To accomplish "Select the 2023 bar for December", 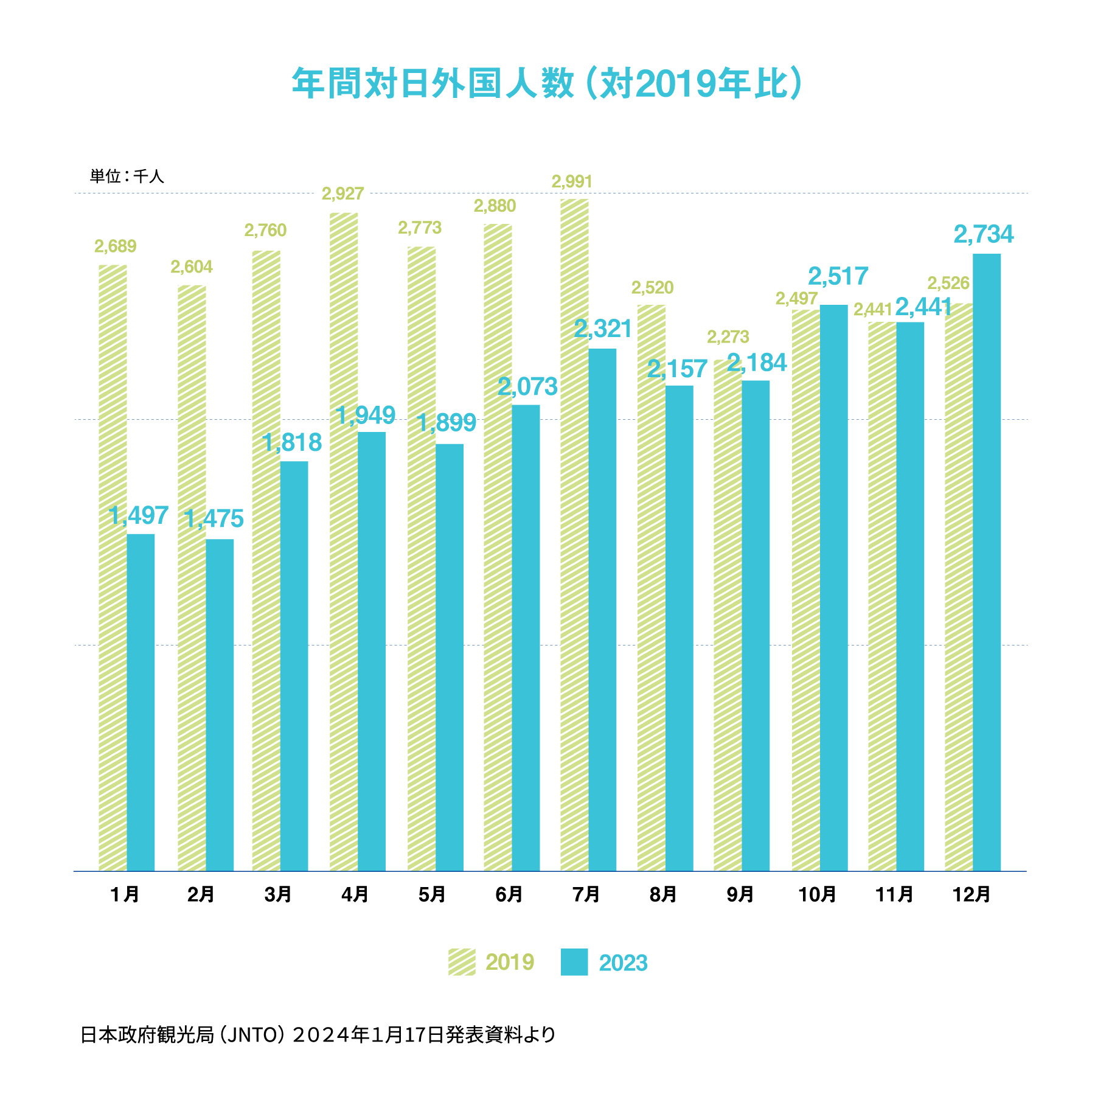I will (987, 562).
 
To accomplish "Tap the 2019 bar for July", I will (574, 535).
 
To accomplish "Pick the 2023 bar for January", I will (141, 702).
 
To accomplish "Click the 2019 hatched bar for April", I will (344, 541).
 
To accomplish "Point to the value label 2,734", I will (984, 235).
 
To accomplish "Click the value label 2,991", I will (572, 181).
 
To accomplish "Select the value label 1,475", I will (214, 519).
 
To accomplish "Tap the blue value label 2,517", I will (838, 277).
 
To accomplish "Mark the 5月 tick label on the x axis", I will (432, 894).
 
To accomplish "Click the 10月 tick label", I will (817, 894).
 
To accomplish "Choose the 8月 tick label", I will (663, 894).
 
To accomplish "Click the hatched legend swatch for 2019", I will (462, 962).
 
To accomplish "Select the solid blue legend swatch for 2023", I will (574, 962).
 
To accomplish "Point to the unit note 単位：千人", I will (127, 176).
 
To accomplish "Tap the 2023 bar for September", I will (756, 625).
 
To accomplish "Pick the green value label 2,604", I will (192, 267).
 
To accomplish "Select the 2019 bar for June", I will (498, 548).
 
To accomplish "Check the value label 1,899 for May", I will (447, 423).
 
